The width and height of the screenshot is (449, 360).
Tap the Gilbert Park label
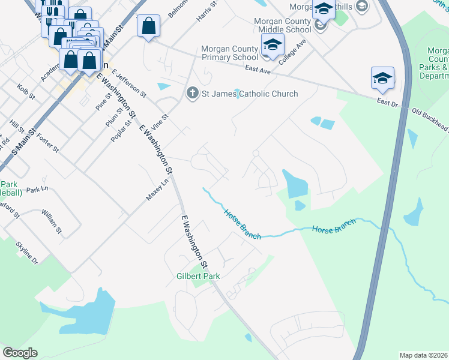pyautogui.click(x=197, y=276)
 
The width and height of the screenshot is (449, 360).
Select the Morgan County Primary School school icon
pyautogui.click(x=273, y=45)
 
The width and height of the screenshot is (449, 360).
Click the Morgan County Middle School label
pyautogui.click(x=282, y=26)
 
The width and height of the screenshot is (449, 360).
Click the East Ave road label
pyautogui.click(x=259, y=70)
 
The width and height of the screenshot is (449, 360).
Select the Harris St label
pyautogui.click(x=206, y=12)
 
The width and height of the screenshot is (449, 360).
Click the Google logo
pyautogui.click(x=20, y=353)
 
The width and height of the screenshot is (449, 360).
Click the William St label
pyautogui.click(x=52, y=221)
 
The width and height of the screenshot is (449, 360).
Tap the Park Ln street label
pyautogui.click(x=36, y=189)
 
